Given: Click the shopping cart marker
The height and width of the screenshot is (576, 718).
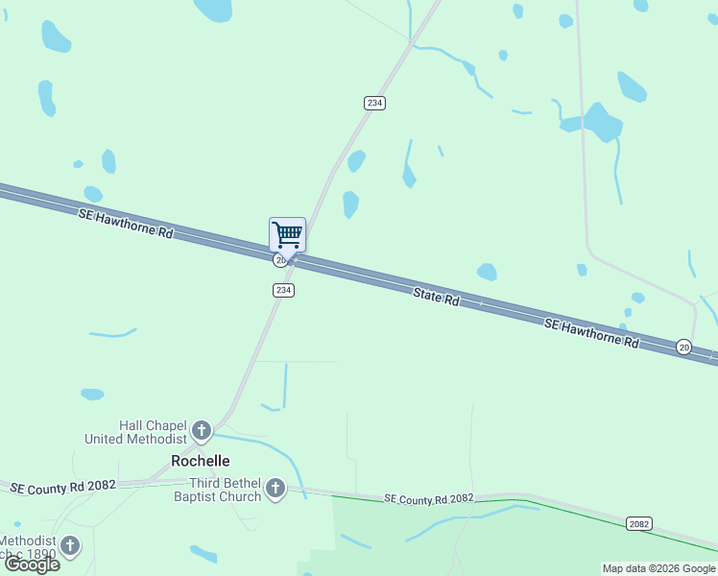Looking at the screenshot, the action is [287, 234].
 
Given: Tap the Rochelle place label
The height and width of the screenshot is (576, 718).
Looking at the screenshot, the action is [200, 461].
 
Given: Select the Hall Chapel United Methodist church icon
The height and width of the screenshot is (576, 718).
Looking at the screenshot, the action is [202, 429].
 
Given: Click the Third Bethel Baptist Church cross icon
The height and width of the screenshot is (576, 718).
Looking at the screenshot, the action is [275, 489].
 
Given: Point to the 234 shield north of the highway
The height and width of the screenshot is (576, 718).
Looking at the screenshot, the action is [374, 103].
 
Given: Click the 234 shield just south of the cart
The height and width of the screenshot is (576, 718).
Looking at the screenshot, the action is [282, 290].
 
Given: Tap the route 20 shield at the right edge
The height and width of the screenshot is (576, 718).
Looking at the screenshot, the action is [683, 347].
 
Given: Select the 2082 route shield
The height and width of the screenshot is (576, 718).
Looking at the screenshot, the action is [639, 523].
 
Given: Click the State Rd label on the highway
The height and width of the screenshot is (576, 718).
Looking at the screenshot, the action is [437, 297].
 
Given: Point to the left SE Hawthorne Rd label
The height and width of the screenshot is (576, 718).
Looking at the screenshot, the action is [126, 222].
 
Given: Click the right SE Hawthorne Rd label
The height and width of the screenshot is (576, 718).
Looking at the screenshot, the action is [591, 333].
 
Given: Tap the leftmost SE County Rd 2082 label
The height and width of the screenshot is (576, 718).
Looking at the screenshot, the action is [62, 487].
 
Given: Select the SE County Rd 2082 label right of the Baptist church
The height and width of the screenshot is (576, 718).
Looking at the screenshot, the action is [429, 498].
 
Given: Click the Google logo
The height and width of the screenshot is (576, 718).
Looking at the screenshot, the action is [33, 564].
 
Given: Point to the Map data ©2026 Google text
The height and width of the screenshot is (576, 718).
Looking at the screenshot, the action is [658, 568].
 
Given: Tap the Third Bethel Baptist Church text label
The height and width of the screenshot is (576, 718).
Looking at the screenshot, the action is [225, 490].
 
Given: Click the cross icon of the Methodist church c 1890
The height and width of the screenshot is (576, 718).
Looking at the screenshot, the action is [69, 546].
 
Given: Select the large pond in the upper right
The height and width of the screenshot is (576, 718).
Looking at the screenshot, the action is [601, 121].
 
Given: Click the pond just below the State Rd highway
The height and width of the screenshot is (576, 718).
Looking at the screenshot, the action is [488, 272].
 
